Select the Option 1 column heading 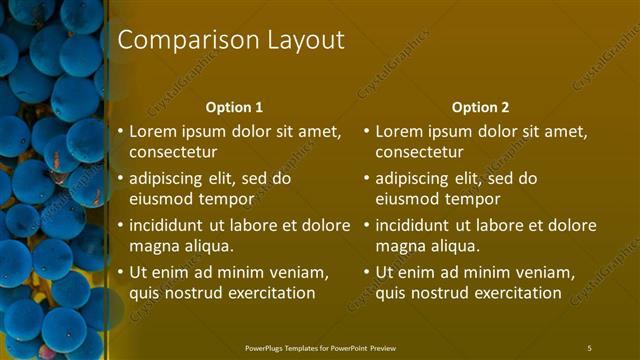click(234, 107)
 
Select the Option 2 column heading click(480, 107)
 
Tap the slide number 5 click(589, 348)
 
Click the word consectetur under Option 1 click(173, 152)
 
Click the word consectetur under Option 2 click(419, 152)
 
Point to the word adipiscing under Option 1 click(169, 179)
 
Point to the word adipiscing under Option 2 click(415, 179)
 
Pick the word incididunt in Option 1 click(167, 225)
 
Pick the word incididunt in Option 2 click(413, 225)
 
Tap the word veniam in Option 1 click(297, 272)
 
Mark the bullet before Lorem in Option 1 click(121, 131)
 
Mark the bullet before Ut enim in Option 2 click(367, 272)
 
